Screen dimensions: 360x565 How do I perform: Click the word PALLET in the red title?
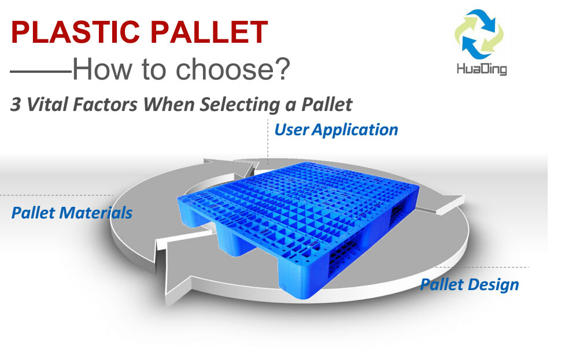pyautogui.click(x=214, y=32)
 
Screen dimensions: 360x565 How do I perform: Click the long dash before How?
pyautogui.click(x=40, y=72)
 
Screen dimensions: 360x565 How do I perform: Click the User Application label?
pyautogui.click(x=336, y=129)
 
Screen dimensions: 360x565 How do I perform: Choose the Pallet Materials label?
pyautogui.click(x=72, y=213)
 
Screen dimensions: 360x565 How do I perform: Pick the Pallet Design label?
pyautogui.click(x=469, y=284)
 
